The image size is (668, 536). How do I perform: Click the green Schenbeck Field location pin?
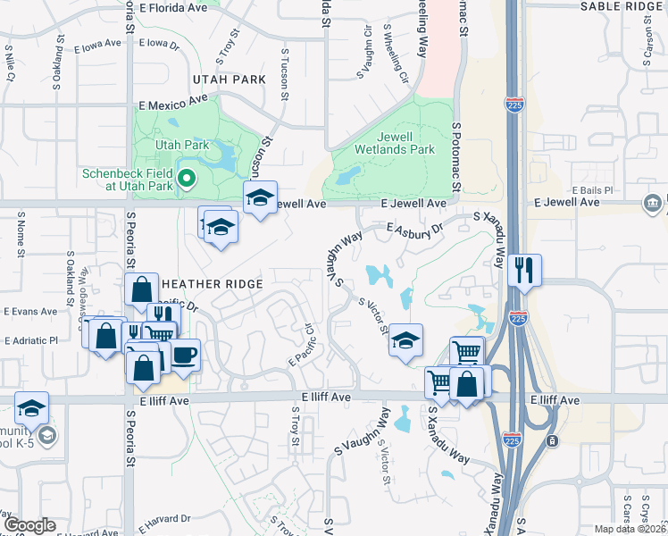point(187,179)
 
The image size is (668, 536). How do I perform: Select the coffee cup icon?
point(185,355)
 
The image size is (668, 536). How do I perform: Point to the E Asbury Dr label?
point(415,230)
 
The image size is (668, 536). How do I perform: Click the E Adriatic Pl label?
point(30,340)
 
